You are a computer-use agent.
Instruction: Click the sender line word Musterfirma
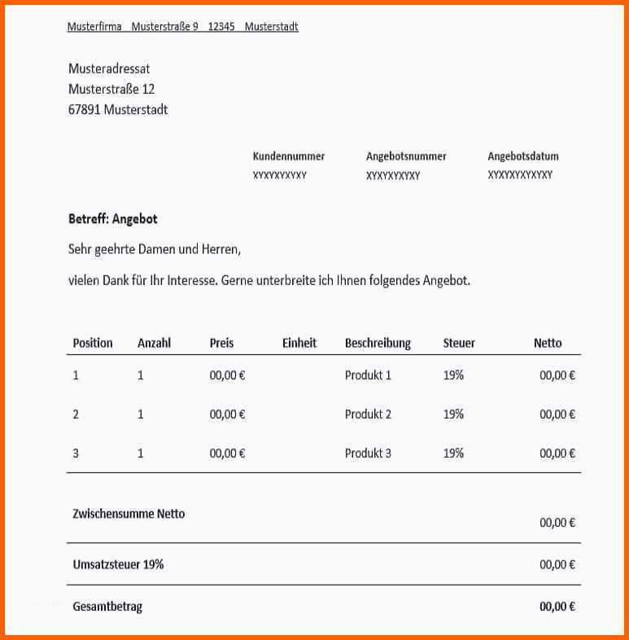point(94,27)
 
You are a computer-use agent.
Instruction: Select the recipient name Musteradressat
point(109,69)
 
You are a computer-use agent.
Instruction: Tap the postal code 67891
point(85,109)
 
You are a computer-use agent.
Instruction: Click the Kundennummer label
point(289,156)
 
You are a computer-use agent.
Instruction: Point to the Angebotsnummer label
point(406,156)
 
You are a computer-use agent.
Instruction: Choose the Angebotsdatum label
point(523,156)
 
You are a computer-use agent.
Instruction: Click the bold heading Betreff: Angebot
point(113,219)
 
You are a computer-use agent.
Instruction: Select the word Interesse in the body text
point(192,280)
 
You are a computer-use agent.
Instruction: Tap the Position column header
point(93,343)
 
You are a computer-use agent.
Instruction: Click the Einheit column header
point(299,343)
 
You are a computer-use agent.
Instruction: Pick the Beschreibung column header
point(378,343)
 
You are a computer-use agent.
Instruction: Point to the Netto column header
point(548,343)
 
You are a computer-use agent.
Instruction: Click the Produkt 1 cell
point(368,375)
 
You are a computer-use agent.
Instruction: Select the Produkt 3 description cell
point(368,453)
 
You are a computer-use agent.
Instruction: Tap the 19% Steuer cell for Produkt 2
point(453,414)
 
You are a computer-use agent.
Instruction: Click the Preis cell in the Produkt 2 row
point(228,414)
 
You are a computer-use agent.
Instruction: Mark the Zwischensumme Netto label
point(129,514)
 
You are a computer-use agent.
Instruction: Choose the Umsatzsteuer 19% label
point(118,563)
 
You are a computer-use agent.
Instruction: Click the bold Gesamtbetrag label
point(107,607)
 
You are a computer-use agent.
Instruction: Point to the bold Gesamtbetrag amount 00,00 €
point(557,607)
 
